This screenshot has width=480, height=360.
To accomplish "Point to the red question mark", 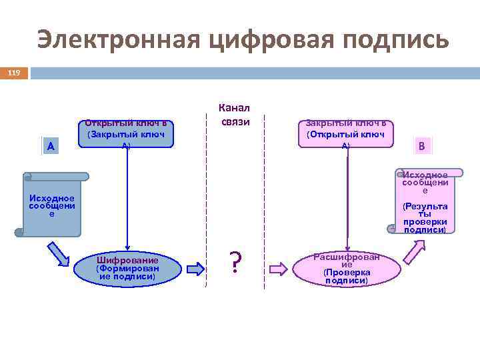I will point(235,264).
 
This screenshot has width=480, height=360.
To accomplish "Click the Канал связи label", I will point(234,115).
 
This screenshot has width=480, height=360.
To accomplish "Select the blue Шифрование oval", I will point(127,268).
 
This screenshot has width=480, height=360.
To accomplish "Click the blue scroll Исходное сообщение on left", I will point(52,205).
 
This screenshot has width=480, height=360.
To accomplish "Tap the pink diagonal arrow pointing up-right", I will point(414,253).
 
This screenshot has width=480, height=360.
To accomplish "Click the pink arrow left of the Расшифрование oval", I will point(278,269).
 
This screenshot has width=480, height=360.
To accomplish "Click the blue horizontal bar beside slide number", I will point(254,73).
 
